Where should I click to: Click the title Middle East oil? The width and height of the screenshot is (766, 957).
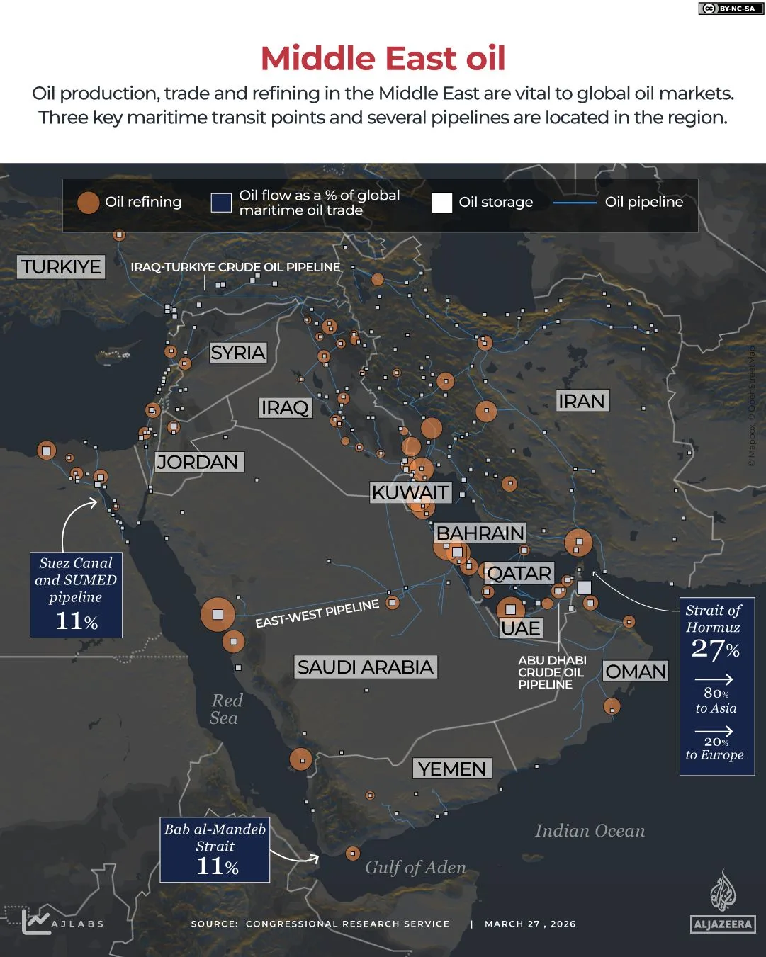383,59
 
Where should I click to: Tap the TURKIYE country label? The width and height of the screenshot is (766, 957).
61,267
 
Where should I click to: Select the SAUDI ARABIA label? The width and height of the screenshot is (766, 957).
365,667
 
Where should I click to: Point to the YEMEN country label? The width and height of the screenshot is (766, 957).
452,769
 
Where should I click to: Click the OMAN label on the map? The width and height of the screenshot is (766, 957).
636,672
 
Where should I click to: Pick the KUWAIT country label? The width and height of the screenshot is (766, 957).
410,492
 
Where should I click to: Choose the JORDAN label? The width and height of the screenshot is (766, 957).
198,463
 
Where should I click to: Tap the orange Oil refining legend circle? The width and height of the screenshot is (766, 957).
88,203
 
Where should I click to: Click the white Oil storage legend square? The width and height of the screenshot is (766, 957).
442,203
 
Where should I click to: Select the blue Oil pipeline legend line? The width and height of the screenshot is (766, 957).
574,203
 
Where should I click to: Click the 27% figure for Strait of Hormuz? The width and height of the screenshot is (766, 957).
715,649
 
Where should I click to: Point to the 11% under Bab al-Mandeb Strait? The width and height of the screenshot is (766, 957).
217,866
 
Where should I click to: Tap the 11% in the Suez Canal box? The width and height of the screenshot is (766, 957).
77,621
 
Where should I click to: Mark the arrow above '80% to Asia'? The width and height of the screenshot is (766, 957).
714,679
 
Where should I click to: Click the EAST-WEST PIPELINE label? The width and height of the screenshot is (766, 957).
317,613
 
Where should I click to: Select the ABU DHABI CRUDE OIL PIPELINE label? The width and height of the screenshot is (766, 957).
552,672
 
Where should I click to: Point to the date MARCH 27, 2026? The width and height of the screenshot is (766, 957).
530,924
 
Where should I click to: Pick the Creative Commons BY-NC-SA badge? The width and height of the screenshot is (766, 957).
727,9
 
